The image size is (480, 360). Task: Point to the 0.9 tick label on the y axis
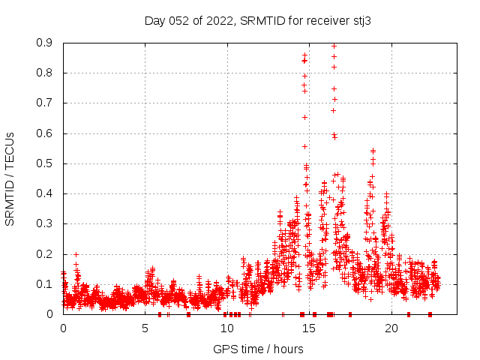[45, 43]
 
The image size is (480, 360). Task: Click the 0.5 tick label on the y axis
[45, 163]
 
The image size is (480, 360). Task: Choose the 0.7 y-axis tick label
[45, 103]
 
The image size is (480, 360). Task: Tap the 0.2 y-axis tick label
[45, 253]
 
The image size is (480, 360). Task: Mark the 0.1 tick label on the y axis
[45, 284]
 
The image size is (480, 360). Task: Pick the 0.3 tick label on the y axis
[45, 223]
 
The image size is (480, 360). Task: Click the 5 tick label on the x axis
[145, 328]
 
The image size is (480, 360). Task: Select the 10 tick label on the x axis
[226, 328]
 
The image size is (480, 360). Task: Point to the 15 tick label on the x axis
[309, 328]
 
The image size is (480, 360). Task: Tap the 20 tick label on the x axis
[391, 328]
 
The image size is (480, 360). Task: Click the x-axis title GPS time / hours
[258, 349]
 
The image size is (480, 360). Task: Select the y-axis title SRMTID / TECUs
[10, 178]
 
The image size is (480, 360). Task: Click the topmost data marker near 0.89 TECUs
[334, 46]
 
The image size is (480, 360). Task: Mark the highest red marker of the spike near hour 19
[373, 151]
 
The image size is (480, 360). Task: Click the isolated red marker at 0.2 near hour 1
[76, 254]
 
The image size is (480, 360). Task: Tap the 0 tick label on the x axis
[63, 328]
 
